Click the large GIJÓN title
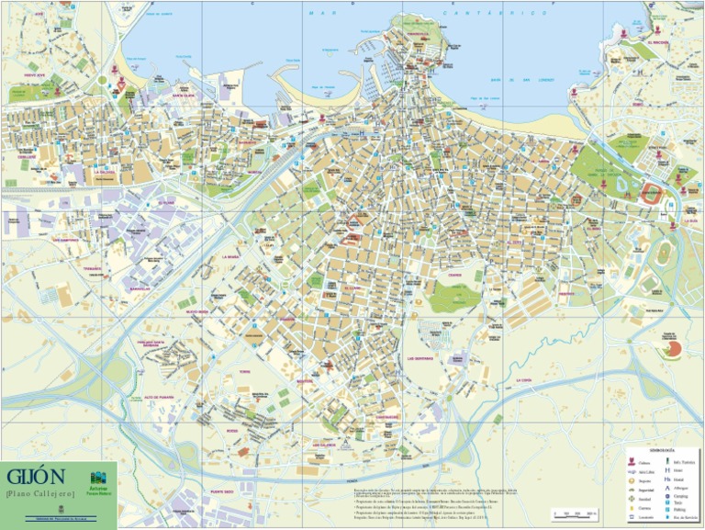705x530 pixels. [36, 477]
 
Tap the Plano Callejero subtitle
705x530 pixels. [38, 494]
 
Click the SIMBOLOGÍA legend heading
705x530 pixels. [662, 451]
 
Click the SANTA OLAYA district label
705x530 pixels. [183, 94]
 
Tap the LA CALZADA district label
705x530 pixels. [103, 171]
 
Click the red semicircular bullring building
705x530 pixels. [672, 349]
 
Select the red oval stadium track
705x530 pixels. [651, 194]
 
